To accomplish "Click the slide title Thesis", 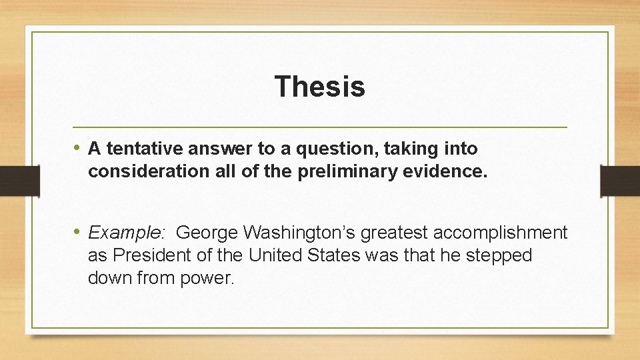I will [x=319, y=86].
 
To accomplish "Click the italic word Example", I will [x=124, y=233].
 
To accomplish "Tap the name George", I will [x=207, y=233].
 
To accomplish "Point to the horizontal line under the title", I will [x=319, y=127].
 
